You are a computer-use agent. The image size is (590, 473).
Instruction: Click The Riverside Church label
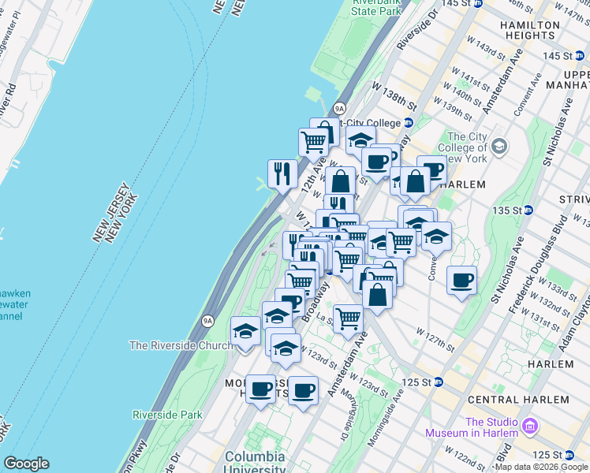coord(181,345)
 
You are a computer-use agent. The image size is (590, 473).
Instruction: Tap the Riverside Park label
coord(167,415)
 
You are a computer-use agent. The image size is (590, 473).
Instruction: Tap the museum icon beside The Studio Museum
coord(529,426)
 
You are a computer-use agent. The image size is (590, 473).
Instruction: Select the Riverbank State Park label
coord(375,8)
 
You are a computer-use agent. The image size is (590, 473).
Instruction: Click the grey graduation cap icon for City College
coord(499,147)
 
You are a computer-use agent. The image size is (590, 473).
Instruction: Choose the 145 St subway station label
coord(562,55)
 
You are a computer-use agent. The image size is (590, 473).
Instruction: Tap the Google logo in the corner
coord(26,464)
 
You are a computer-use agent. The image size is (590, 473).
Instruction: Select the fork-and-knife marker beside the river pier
coord(282,173)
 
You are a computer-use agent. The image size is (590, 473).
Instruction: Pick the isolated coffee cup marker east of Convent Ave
coord(461,280)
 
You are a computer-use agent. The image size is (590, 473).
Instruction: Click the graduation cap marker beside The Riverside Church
coord(245,331)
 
